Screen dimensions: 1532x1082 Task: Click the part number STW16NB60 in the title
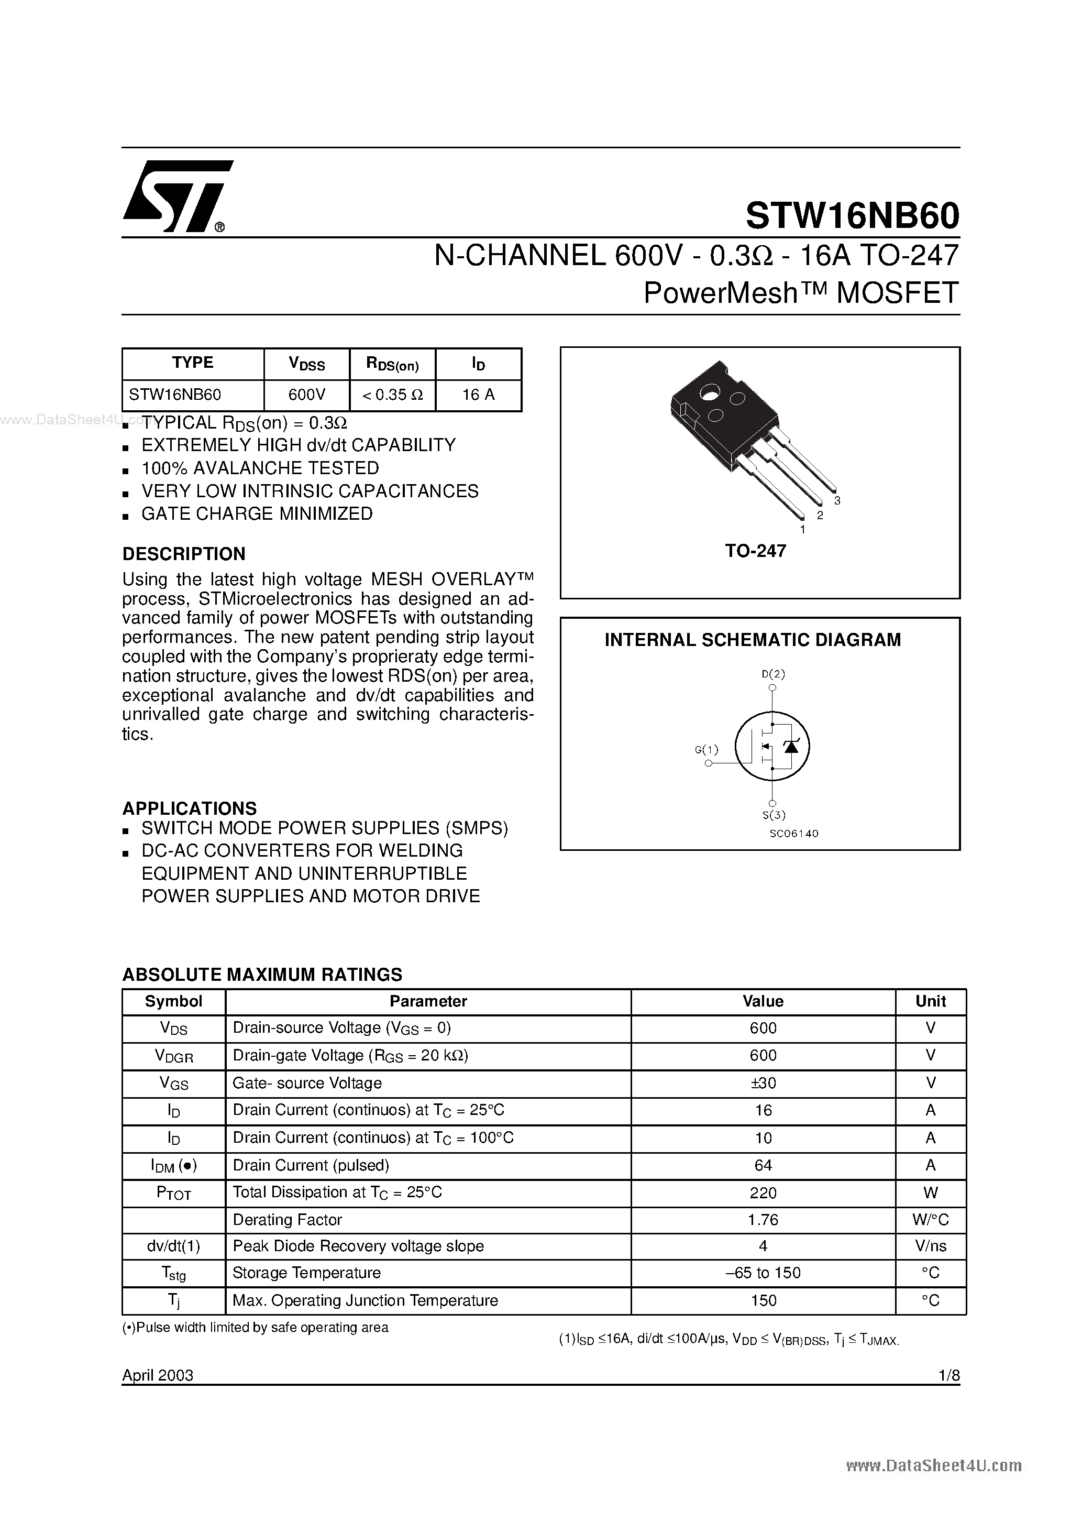[852, 215]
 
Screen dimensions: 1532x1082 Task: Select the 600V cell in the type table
[306, 395]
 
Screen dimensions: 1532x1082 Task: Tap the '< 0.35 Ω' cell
[392, 395]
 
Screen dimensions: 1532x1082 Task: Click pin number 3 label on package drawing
[837, 501]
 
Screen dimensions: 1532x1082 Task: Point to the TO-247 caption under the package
[755, 551]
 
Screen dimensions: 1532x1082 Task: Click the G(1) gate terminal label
[706, 750]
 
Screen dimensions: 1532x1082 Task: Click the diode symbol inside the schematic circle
[791, 747]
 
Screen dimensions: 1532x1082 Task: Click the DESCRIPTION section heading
[183, 554]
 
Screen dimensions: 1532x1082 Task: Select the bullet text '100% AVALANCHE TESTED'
[260, 468]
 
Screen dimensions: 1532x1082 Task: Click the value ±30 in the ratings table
[763, 1083]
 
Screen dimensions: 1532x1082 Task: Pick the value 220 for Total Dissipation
[763, 1192]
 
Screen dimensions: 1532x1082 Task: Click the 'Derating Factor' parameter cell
[287, 1220]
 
